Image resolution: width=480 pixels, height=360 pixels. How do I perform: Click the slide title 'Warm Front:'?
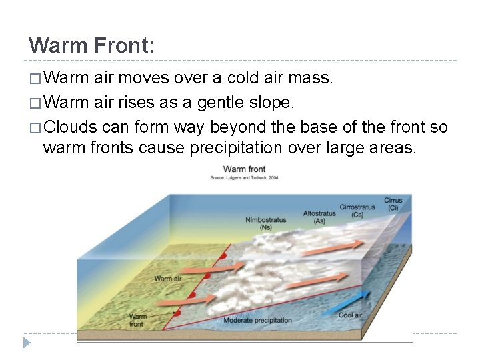[x=92, y=45]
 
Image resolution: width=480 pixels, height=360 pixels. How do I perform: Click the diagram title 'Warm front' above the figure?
[x=244, y=170]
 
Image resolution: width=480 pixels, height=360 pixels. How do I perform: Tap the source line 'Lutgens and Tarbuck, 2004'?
[x=244, y=177]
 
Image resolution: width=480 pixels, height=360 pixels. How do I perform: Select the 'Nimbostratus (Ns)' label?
[x=265, y=223]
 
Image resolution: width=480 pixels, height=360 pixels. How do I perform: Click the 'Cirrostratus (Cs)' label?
[x=357, y=211]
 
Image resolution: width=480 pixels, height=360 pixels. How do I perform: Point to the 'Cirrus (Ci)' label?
[x=393, y=204]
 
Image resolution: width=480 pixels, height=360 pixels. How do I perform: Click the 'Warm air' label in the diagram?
[x=168, y=279]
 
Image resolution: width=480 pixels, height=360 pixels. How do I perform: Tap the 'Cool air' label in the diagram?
[x=350, y=315]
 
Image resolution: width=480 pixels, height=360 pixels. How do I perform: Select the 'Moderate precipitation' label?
[x=257, y=320]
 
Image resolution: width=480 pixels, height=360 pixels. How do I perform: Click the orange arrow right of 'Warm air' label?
[x=203, y=269]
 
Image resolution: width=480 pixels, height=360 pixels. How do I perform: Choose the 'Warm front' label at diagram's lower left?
[x=137, y=321]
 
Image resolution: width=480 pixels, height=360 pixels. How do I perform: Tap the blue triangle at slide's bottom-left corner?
[x=27, y=343]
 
